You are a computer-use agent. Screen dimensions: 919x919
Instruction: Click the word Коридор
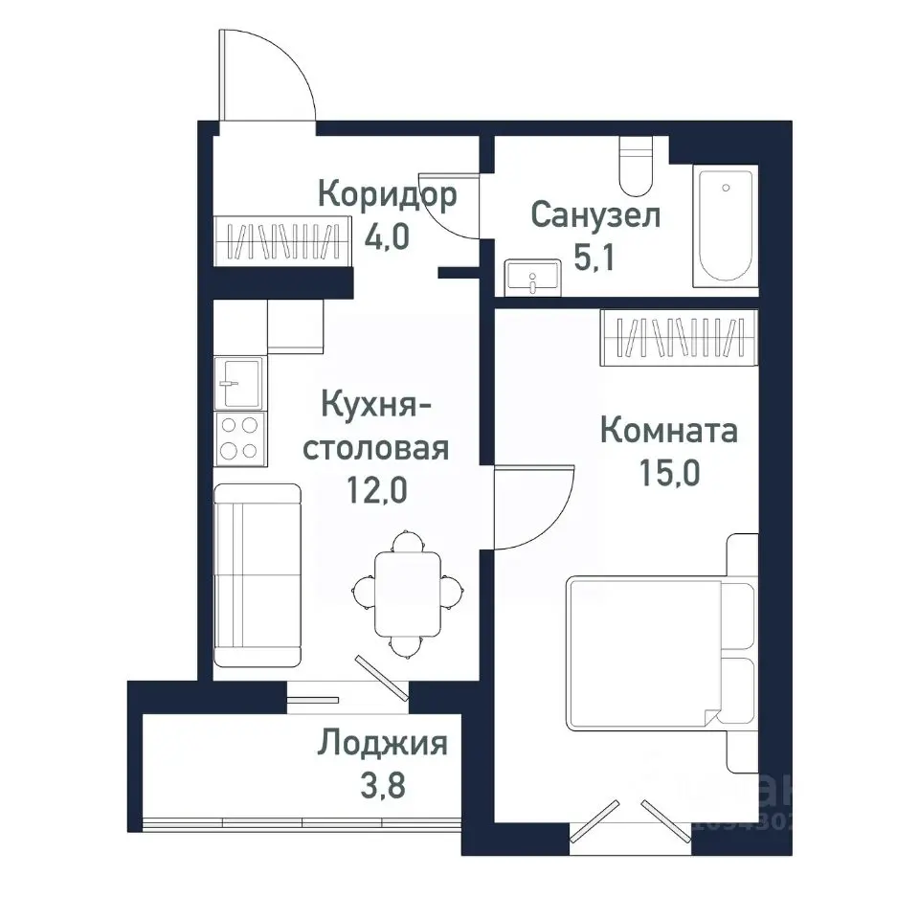pos(387,195)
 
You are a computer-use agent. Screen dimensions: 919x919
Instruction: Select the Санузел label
pos(595,215)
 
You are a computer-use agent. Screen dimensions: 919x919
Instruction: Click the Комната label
pos(669,431)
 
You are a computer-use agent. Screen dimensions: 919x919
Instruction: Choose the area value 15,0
pos(667,472)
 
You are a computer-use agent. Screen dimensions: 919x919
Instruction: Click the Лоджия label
pos(383,743)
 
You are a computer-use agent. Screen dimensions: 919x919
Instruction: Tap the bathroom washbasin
pos(533,278)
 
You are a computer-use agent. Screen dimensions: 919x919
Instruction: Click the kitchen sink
pos(238,384)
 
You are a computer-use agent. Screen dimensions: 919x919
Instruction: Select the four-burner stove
pos(238,437)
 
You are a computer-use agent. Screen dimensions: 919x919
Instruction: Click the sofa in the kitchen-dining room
pos(256,574)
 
